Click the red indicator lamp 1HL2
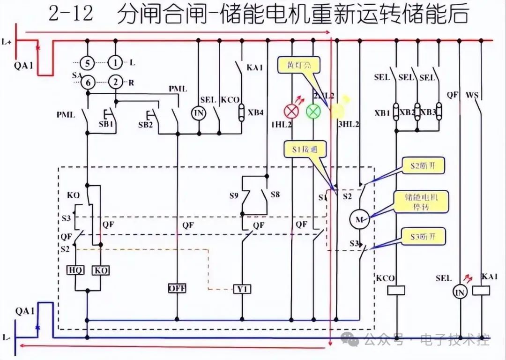click(x=292, y=111)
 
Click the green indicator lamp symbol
click(x=313, y=111)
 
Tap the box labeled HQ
click(x=75, y=270)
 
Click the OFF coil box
click(x=177, y=288)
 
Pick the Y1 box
click(x=242, y=289)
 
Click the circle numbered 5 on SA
click(x=87, y=62)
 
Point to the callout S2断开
click(x=423, y=166)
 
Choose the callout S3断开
click(x=423, y=236)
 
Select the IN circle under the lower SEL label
click(x=460, y=292)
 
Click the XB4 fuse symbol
click(x=242, y=112)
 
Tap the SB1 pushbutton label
click(x=106, y=124)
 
